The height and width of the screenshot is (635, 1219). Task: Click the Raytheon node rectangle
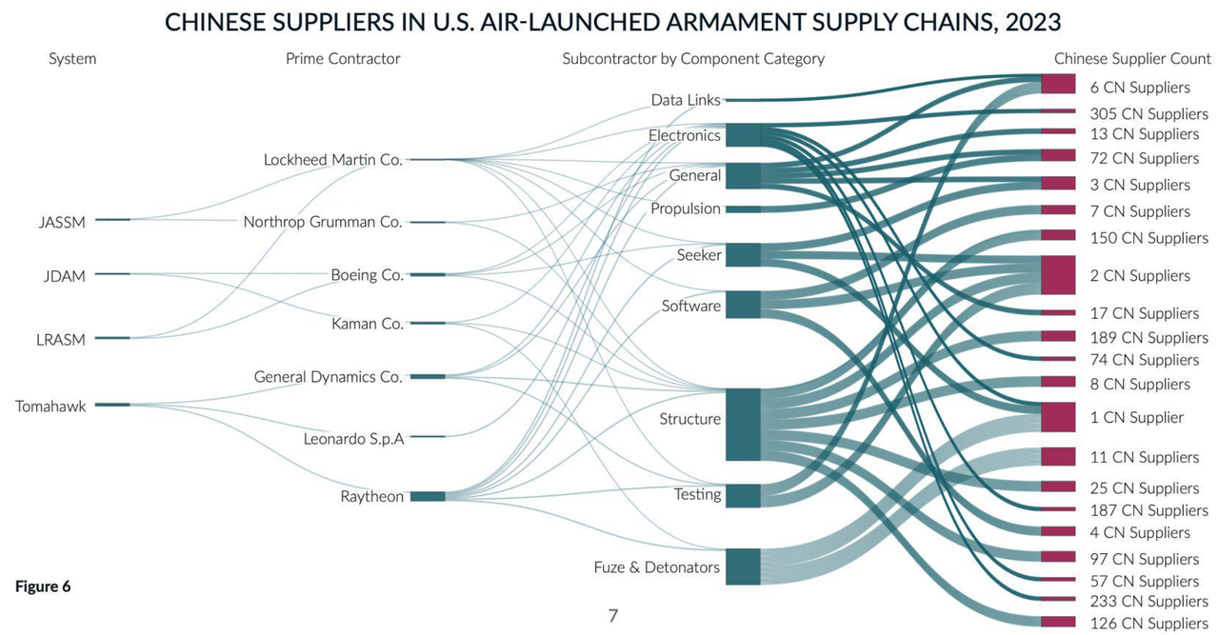[x=428, y=496]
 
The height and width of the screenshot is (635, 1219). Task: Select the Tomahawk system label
[x=50, y=407]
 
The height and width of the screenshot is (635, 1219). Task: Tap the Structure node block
[x=743, y=425]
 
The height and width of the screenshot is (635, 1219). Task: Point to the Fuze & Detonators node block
[x=743, y=566]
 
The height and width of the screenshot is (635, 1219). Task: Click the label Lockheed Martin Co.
[x=333, y=160]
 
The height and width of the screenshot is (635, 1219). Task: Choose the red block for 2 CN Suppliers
[x=1058, y=275]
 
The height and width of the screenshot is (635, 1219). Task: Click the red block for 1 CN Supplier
[x=1058, y=417]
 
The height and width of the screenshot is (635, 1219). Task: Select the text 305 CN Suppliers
[x=1149, y=113]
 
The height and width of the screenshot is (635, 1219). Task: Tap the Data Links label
[x=686, y=100]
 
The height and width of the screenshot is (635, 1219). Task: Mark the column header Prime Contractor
[x=343, y=59]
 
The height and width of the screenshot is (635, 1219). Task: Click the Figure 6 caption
[x=43, y=586]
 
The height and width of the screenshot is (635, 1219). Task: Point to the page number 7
[x=613, y=616]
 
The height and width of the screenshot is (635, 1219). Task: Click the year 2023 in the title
[x=1033, y=22]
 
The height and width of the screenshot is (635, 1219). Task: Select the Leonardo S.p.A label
[x=353, y=439]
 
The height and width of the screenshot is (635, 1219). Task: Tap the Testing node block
[x=743, y=496]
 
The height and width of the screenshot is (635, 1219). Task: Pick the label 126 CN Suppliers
[x=1149, y=623]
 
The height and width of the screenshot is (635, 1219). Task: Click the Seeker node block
[x=743, y=254]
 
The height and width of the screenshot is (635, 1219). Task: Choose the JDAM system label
[x=64, y=276]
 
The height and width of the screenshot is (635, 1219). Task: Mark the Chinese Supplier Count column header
[x=1132, y=59]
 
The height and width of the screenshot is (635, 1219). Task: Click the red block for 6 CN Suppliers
[x=1058, y=85]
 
